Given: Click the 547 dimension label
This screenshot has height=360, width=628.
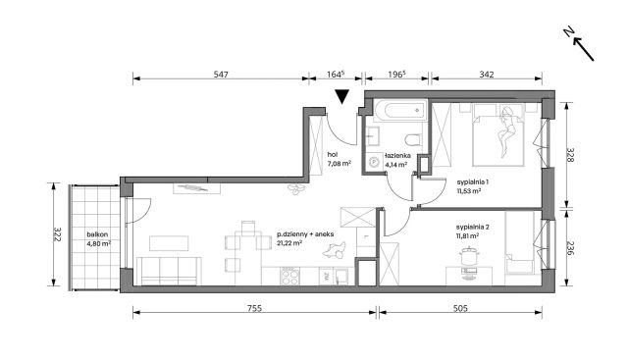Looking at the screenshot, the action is [221, 75].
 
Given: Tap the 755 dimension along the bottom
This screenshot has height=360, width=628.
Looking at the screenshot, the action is [254, 308].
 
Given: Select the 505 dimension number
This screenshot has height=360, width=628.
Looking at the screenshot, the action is [460, 308].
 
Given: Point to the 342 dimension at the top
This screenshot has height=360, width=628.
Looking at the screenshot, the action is [487, 75].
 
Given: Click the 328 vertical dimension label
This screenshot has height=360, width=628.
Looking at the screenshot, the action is [570, 155].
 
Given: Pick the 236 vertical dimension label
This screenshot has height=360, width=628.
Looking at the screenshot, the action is [570, 249].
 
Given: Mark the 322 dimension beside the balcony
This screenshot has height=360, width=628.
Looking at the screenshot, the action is [57, 234].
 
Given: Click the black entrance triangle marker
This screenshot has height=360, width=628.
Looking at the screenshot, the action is [342, 96].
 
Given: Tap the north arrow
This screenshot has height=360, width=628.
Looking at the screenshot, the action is [579, 45].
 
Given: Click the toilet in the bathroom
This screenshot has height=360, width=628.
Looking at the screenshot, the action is [412, 139].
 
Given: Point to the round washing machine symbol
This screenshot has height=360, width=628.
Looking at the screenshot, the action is [374, 162].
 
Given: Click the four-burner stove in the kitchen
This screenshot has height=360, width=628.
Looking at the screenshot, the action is [289, 276].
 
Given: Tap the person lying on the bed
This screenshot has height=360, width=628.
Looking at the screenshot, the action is [506, 130].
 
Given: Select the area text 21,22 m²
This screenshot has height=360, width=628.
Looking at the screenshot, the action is [289, 242].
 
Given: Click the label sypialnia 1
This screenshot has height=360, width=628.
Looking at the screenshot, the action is [473, 182].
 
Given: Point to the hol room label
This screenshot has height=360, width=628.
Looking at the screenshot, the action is [332, 154].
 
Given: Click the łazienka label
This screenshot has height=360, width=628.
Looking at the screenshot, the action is [397, 155].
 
